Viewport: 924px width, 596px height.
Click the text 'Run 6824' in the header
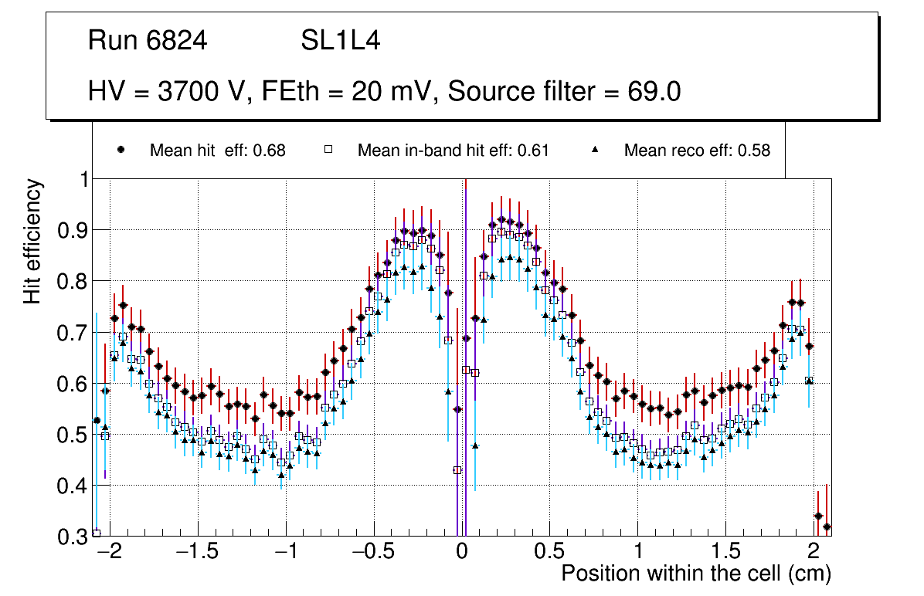(148, 41)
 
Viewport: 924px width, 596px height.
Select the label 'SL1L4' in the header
(340, 41)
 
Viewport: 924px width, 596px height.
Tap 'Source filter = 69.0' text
(564, 91)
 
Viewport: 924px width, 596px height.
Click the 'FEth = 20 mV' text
(352, 91)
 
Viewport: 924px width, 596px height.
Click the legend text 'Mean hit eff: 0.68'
(217, 151)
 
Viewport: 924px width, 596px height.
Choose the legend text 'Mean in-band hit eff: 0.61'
(453, 151)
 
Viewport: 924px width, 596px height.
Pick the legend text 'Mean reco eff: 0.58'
(697, 151)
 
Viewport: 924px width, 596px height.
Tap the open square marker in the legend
(328, 150)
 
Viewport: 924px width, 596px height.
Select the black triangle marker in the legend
(596, 150)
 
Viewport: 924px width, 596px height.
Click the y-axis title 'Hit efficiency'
(33, 241)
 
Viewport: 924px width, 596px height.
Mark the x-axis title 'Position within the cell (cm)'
(695, 574)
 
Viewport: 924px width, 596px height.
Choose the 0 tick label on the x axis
(461, 553)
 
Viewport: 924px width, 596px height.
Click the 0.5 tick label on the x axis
(549, 553)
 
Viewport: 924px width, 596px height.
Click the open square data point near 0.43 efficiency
(457, 469)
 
